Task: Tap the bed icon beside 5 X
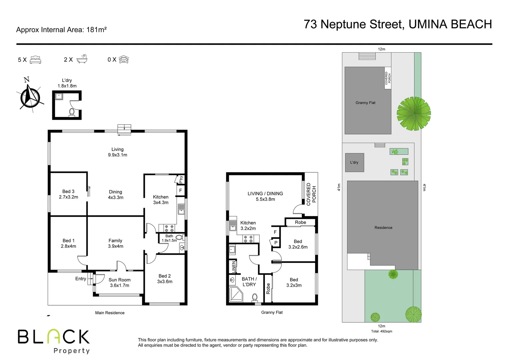tap(35, 60)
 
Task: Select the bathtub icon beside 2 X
tap(82, 59)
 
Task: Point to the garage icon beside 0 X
tap(124, 59)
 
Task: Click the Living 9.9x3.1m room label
tap(117, 152)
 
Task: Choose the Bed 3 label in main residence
tap(68, 194)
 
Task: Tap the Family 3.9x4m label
tap(115, 243)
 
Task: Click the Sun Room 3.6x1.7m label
tap(119, 282)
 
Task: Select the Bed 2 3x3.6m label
tap(165, 279)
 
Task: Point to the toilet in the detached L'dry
tap(72, 112)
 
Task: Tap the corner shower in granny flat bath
tap(236, 295)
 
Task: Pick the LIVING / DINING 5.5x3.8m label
tap(265, 196)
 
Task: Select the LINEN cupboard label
tap(234, 266)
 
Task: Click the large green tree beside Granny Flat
tap(413, 113)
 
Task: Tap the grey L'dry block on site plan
tap(354, 163)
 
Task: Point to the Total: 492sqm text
tap(381, 331)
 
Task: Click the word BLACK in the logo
tap(54, 337)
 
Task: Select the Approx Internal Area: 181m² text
tap(61, 30)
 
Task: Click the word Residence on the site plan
tap(383, 228)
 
